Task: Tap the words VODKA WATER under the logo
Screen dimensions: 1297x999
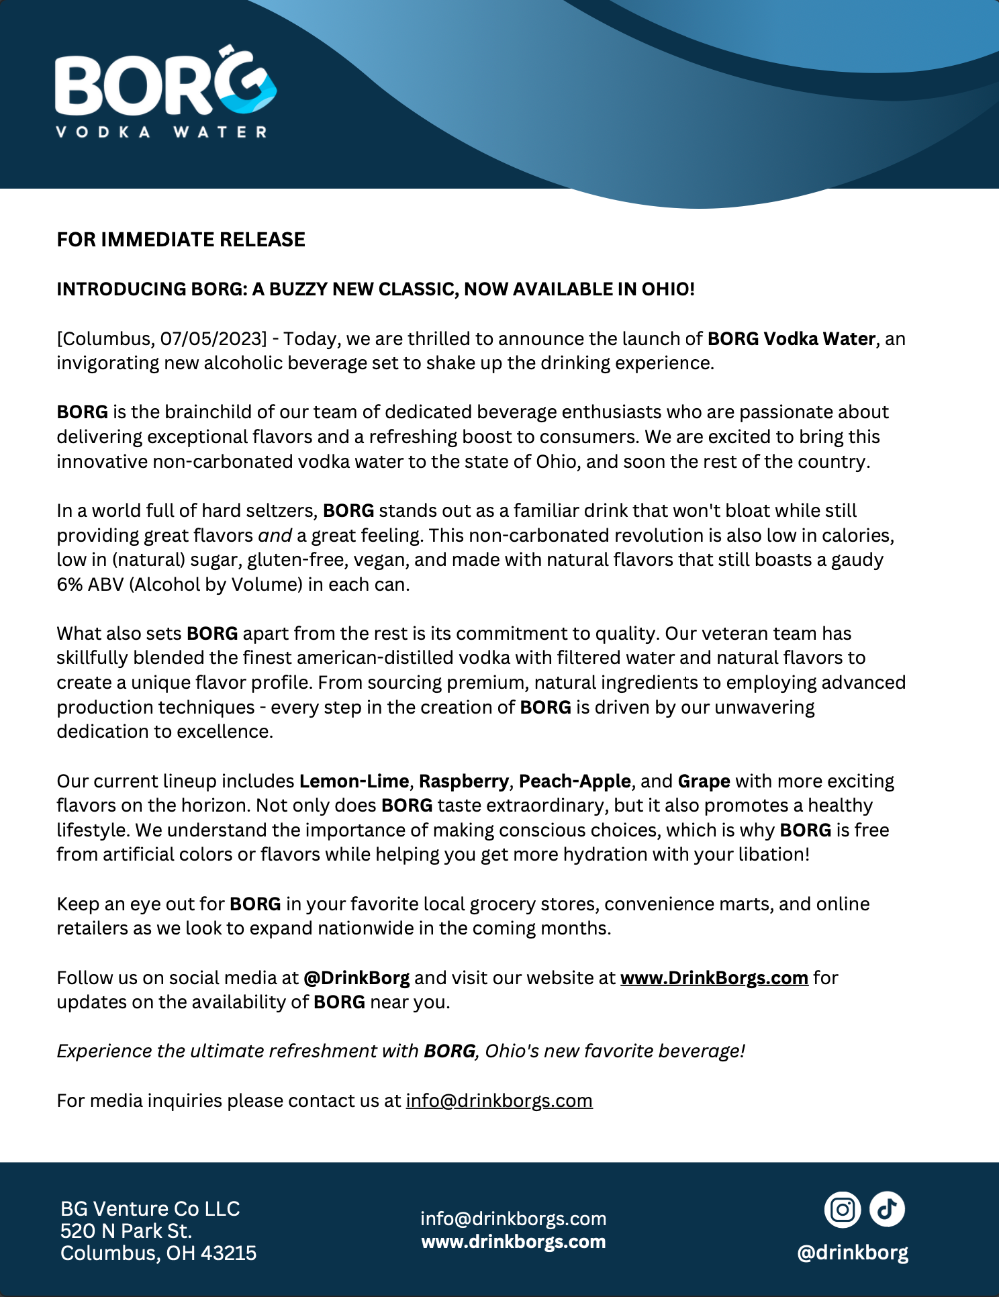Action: click(x=161, y=132)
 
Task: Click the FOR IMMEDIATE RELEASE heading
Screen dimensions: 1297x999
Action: click(x=181, y=240)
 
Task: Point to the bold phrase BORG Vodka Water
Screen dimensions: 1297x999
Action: click(x=791, y=338)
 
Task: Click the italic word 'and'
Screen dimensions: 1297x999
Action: click(x=275, y=536)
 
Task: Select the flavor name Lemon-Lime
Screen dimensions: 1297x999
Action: click(x=354, y=781)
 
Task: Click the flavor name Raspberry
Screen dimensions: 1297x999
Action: click(x=463, y=781)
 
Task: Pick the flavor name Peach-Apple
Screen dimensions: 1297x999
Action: click(x=575, y=781)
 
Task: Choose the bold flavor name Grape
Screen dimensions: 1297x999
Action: click(x=704, y=781)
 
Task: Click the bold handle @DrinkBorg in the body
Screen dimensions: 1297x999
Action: click(x=356, y=978)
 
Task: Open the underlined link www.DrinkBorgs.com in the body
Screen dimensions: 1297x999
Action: click(x=714, y=978)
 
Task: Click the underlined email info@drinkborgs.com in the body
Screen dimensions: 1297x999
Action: click(x=499, y=1101)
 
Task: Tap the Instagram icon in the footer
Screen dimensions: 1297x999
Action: click(x=842, y=1210)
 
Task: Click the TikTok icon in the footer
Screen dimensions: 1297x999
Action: click(x=887, y=1210)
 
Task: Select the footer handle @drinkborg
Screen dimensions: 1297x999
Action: click(x=852, y=1253)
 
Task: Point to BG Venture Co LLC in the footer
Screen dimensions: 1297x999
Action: click(x=150, y=1208)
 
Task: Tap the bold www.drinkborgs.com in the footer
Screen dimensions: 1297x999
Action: click(x=514, y=1242)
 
